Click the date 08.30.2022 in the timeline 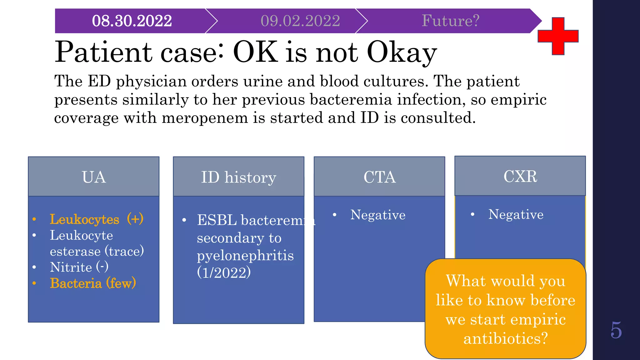[132, 21]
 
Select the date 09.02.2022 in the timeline [300, 21]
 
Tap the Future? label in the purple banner [450, 21]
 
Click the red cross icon [558, 36]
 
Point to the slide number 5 [616, 330]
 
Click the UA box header [94, 177]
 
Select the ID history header [238, 177]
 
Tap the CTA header [379, 177]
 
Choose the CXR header [520, 176]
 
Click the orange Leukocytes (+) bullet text [96, 219]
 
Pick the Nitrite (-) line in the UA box [79, 267]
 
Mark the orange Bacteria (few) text [93, 283]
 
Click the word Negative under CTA [378, 215]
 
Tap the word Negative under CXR [516, 214]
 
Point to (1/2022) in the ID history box [224, 272]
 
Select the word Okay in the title [402, 52]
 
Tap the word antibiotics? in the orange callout [505, 338]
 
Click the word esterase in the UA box [75, 251]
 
